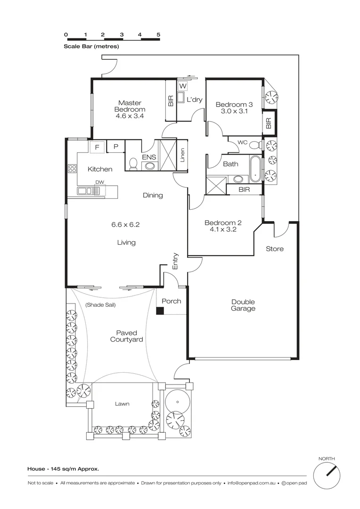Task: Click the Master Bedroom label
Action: click(130, 106)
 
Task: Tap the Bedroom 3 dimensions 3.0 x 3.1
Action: click(234, 111)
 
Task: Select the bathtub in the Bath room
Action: click(255, 169)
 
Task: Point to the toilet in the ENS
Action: click(133, 164)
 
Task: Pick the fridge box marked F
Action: click(97, 147)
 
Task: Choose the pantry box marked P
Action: click(115, 147)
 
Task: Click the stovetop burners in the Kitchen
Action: click(72, 168)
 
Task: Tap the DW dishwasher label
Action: click(99, 182)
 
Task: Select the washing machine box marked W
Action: click(183, 86)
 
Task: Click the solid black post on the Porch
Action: click(160, 311)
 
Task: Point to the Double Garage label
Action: click(243, 305)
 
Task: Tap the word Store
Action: click(275, 249)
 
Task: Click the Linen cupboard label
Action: click(182, 155)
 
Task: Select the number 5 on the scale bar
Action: click(158, 35)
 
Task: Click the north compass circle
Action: click(327, 476)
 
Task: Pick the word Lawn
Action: click(122, 404)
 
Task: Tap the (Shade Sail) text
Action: click(101, 305)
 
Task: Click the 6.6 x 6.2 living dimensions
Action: click(126, 224)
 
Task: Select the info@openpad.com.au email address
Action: click(251, 483)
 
